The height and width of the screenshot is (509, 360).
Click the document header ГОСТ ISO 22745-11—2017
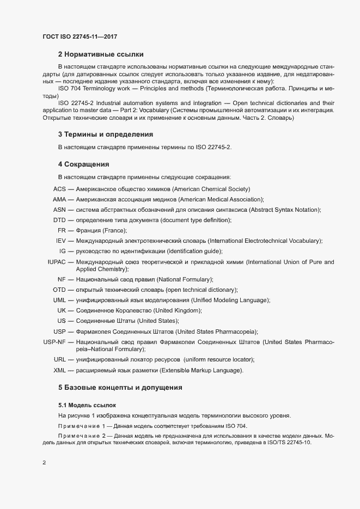(80, 36)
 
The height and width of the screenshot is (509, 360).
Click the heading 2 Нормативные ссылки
(101, 54)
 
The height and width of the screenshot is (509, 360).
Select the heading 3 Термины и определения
(105, 134)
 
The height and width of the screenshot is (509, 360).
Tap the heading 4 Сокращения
(84, 164)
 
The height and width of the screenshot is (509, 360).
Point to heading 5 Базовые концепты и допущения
(120, 388)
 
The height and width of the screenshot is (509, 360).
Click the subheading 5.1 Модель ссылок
(87, 406)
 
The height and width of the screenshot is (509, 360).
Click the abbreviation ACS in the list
(59, 189)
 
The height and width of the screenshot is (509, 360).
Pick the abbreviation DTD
(59, 220)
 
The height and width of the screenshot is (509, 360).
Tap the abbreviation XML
(59, 371)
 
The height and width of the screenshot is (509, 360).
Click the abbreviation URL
(59, 360)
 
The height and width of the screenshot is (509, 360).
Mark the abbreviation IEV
(61, 241)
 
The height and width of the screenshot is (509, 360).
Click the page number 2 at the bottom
(44, 463)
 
